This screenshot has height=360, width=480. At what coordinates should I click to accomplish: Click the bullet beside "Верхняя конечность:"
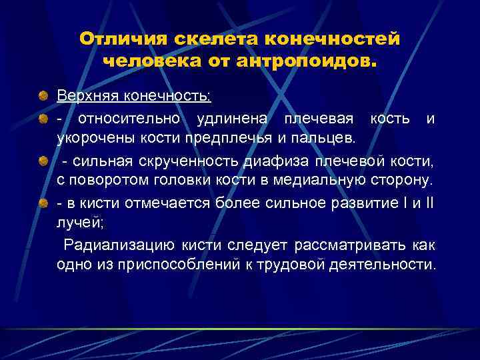point(43,97)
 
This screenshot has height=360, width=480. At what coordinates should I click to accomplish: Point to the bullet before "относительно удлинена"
point(43,119)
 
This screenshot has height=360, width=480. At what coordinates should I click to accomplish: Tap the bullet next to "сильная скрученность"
point(43,162)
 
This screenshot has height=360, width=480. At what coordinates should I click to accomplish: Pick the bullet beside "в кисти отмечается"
point(43,204)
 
